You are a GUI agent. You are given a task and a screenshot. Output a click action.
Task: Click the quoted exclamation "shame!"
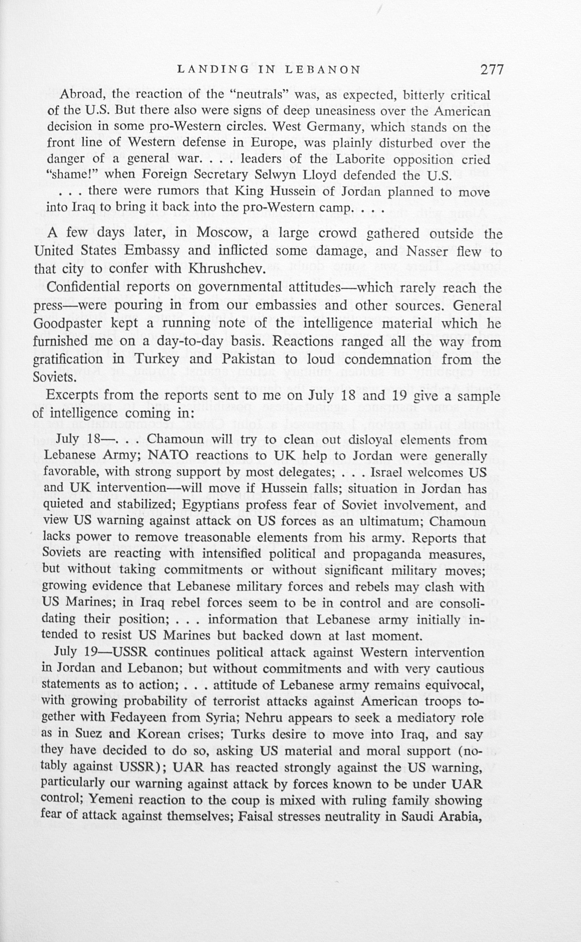pyautogui.click(x=72, y=175)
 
